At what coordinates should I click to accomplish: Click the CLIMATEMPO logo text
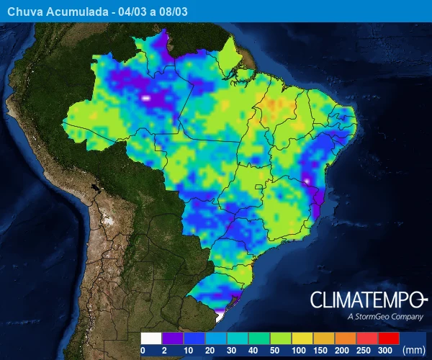(368, 300)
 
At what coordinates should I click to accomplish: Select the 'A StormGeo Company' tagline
(384, 317)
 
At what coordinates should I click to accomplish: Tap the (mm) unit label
(414, 351)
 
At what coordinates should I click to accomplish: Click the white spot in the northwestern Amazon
(146, 96)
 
